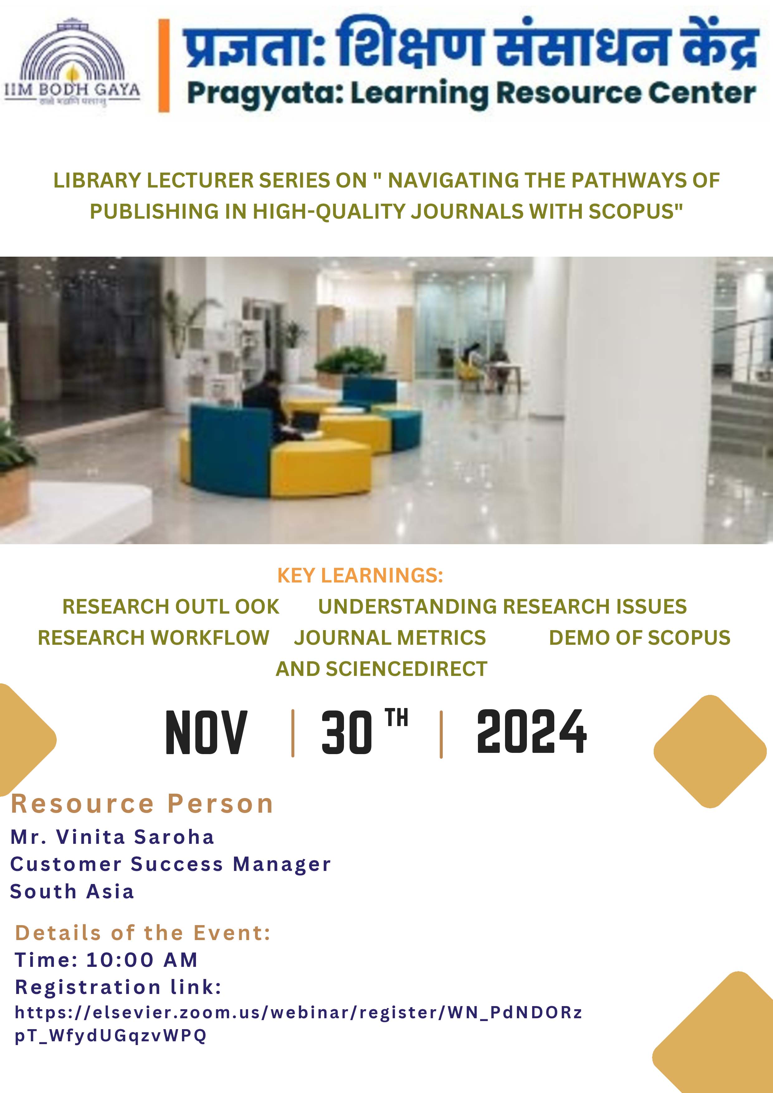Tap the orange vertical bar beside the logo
point(164,66)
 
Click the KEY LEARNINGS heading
point(360,576)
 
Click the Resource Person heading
point(142,804)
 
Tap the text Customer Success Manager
point(170,864)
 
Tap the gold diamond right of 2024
point(710,751)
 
